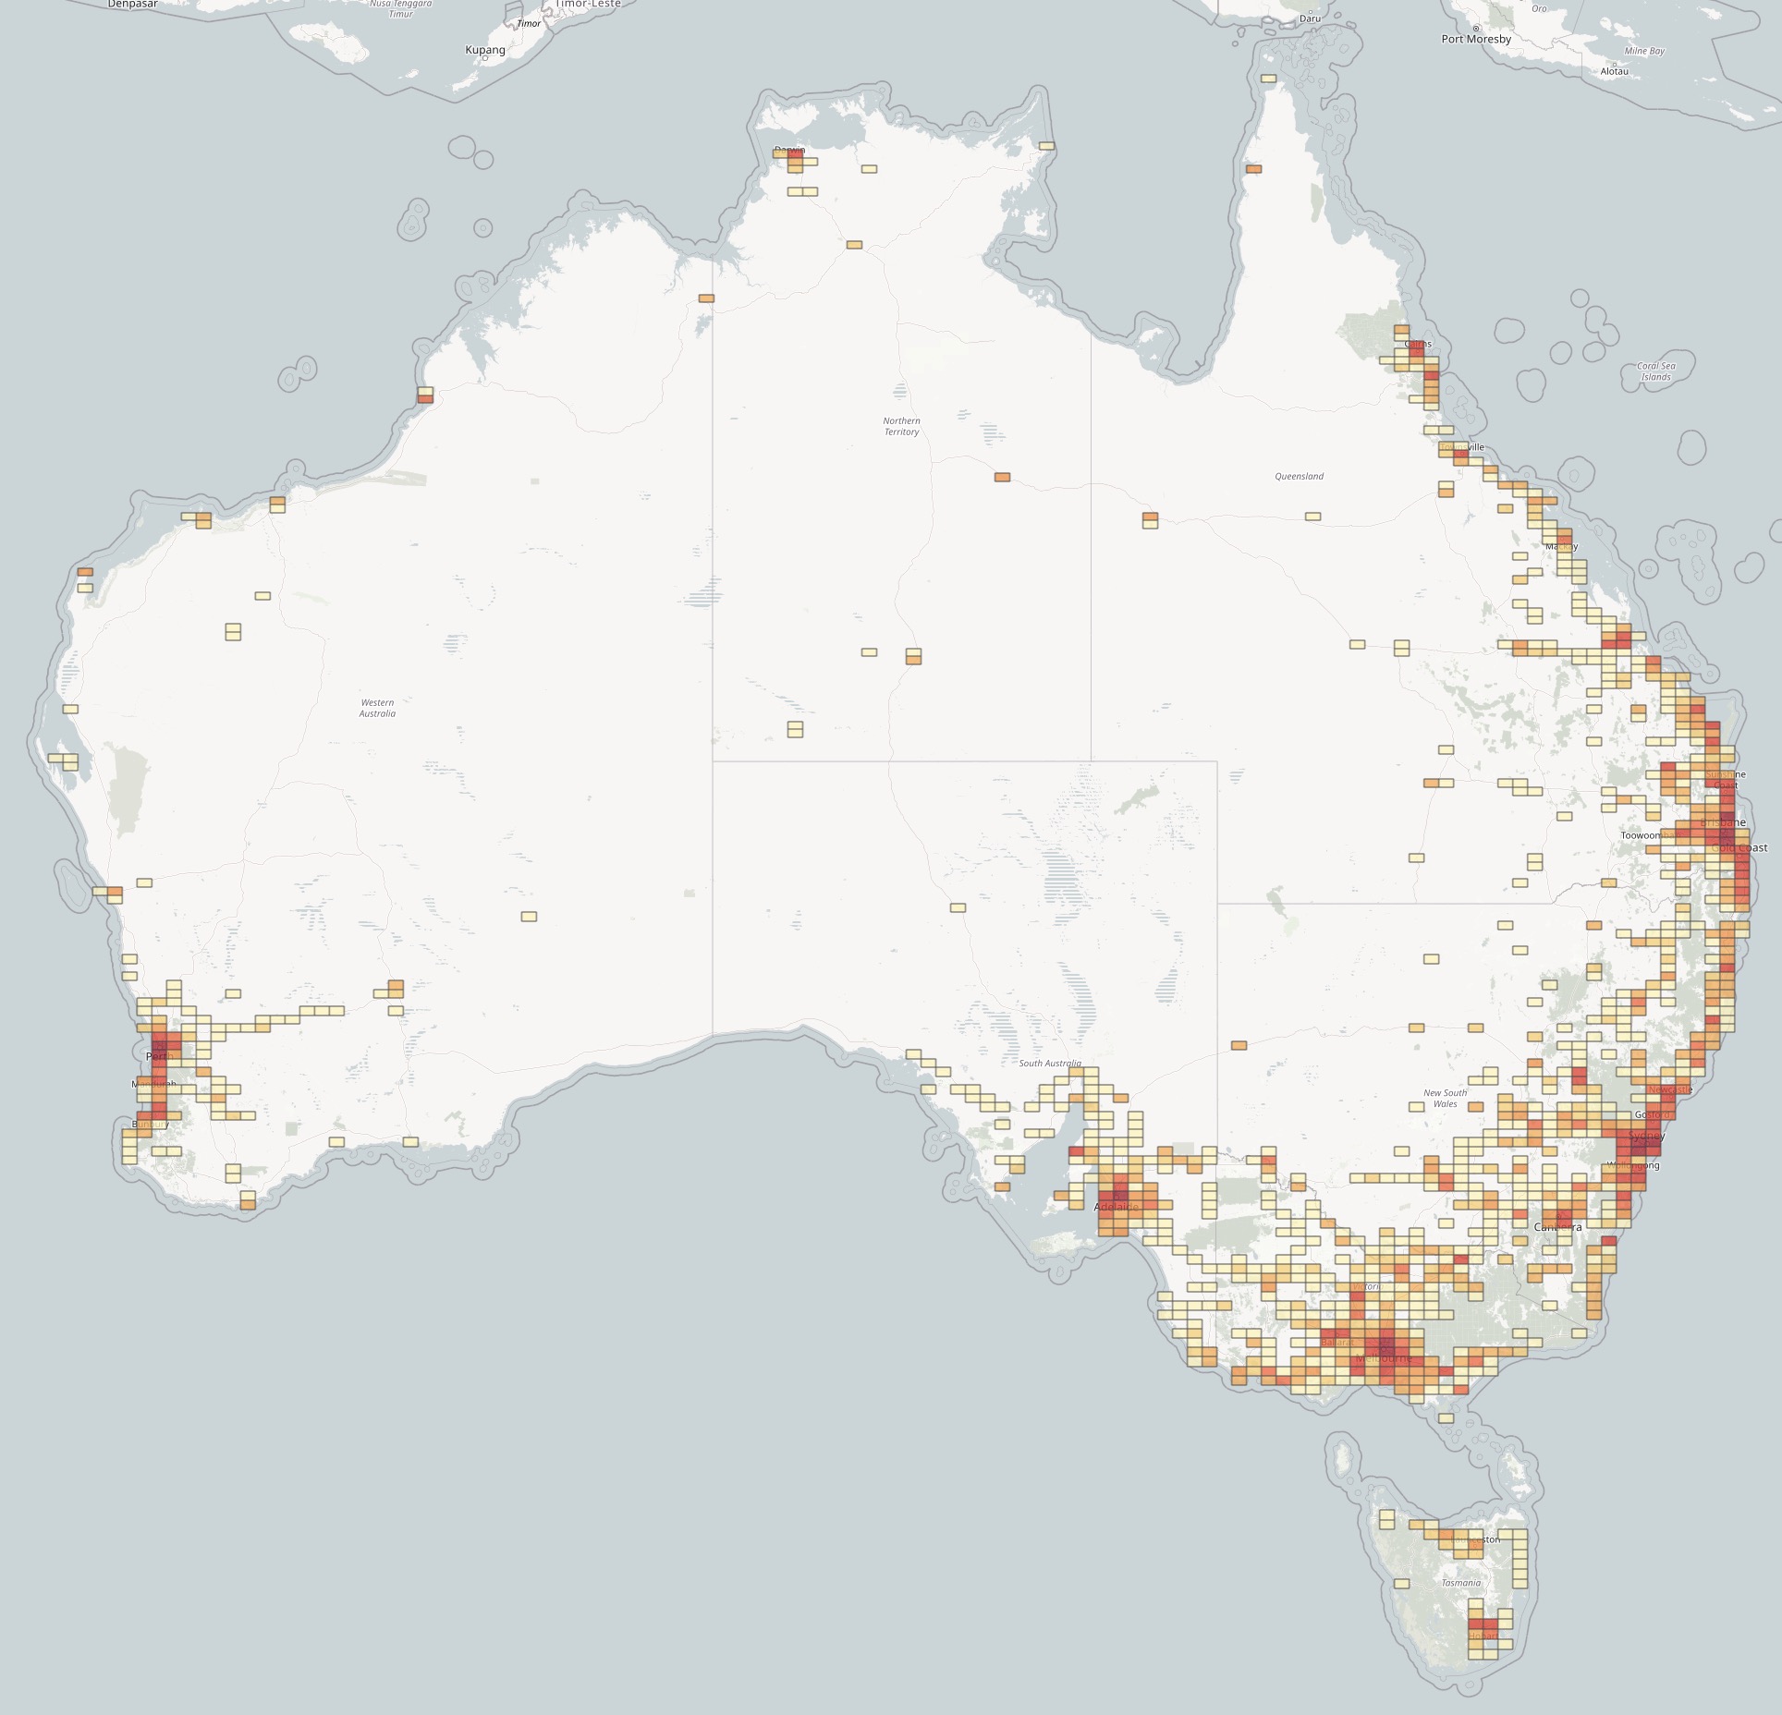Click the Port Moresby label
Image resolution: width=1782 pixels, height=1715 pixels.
click(x=1476, y=39)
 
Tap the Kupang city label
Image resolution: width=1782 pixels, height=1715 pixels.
click(x=484, y=50)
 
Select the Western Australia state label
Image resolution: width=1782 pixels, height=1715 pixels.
click(x=377, y=708)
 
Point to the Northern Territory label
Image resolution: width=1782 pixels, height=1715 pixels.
click(x=901, y=426)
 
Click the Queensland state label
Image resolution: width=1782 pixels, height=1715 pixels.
click(x=1299, y=477)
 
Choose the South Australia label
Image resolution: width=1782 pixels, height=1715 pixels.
click(x=1049, y=1064)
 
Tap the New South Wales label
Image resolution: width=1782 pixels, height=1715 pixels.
click(x=1445, y=1098)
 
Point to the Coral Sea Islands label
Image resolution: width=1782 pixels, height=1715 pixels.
click(x=1655, y=371)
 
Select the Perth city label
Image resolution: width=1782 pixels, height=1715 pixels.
click(x=160, y=1056)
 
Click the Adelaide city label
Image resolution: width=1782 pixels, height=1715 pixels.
click(x=1117, y=1207)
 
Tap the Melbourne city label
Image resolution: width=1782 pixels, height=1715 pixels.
click(x=1384, y=1359)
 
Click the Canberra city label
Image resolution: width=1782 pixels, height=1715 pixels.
click(x=1557, y=1227)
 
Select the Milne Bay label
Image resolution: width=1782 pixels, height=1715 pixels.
click(x=1644, y=51)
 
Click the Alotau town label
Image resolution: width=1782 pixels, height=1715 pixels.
click(x=1614, y=71)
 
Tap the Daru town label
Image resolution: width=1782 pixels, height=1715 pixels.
click(x=1310, y=18)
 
